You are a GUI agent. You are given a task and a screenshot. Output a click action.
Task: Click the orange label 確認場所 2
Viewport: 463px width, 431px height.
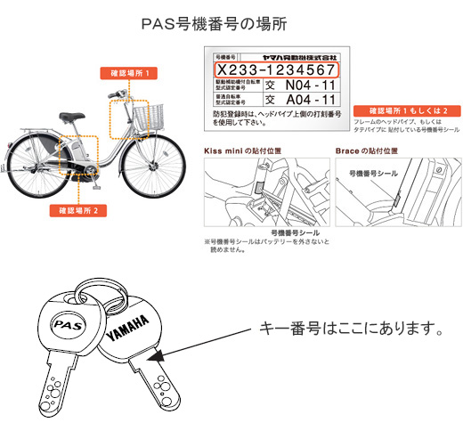(x=79, y=211)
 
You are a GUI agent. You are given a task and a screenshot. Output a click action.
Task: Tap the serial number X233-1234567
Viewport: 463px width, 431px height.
(x=276, y=69)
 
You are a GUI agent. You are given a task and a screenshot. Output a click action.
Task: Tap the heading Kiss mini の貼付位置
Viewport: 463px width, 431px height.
(x=235, y=151)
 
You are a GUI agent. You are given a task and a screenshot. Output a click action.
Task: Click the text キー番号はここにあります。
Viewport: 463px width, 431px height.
(x=350, y=329)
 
